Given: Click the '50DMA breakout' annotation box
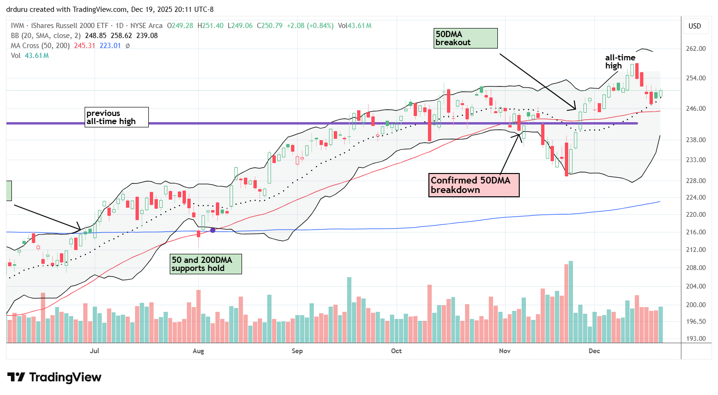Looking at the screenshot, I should (x=466, y=38).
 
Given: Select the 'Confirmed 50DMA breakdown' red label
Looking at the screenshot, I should (x=474, y=185).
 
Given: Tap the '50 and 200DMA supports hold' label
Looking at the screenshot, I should (x=206, y=264).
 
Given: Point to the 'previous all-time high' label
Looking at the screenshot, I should (x=117, y=117).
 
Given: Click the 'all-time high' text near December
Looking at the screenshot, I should (x=620, y=62).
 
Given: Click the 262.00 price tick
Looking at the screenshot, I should (x=695, y=48).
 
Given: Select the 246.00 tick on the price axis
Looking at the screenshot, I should (x=695, y=108).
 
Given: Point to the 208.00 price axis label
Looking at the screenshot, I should (x=695, y=268).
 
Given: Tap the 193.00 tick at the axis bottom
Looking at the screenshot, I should (x=695, y=338).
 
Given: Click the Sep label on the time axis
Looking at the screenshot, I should (x=297, y=351).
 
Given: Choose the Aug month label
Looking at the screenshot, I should (x=198, y=351).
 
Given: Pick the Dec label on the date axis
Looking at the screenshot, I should (x=594, y=351).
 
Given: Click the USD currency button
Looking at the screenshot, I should (x=695, y=26).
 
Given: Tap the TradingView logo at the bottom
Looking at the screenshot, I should (x=55, y=377).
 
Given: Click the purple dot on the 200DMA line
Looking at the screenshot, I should (x=213, y=230).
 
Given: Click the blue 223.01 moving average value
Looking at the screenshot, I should (x=110, y=46).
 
